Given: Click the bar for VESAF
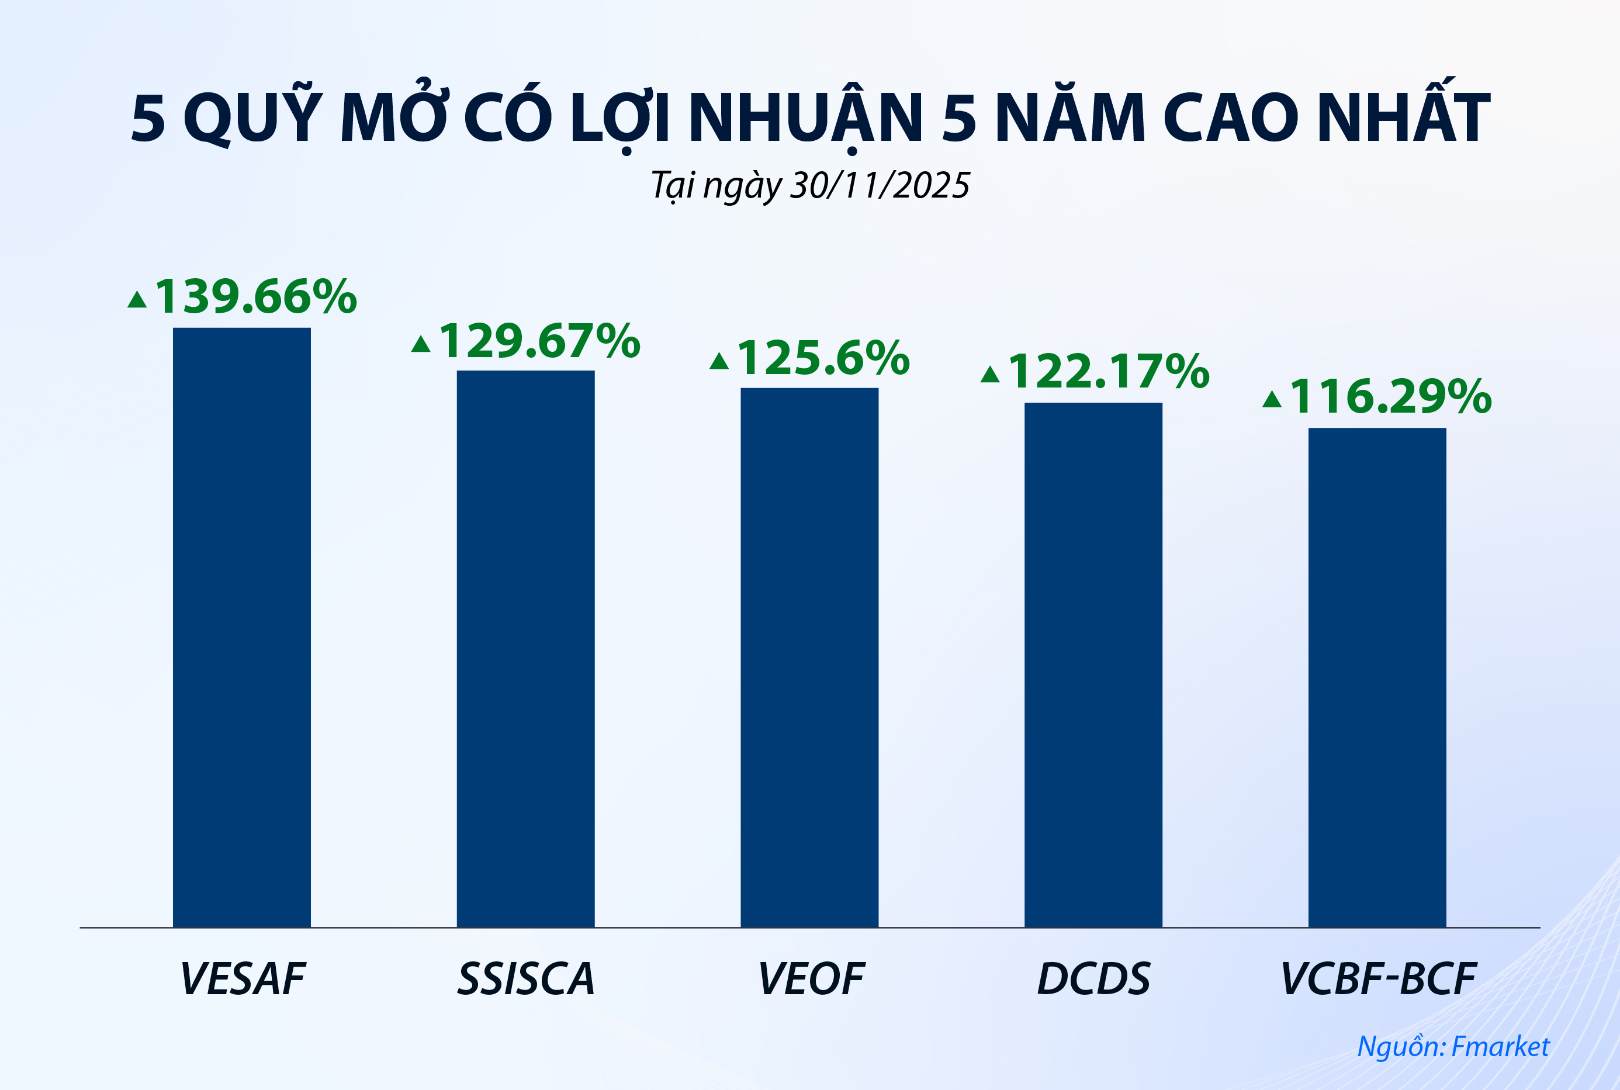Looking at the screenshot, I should coord(242,627).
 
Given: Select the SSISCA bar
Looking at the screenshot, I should coord(525,649).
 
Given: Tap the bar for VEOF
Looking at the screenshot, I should coord(809,657).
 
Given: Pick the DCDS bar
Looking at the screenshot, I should coord(1093,665).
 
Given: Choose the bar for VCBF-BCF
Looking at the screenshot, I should coord(1377,677).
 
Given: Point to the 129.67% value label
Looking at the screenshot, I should coord(539,341).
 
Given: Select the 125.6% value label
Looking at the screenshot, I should coord(823,358).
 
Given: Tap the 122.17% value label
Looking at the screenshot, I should coord(1109,372).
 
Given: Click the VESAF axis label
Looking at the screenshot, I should coord(243,980).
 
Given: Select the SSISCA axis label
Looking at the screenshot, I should coord(526,980).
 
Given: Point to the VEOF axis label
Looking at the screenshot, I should coord(811,980).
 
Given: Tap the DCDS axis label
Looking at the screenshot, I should coord(1094,980).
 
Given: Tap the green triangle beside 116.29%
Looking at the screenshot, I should coord(1272,400).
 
